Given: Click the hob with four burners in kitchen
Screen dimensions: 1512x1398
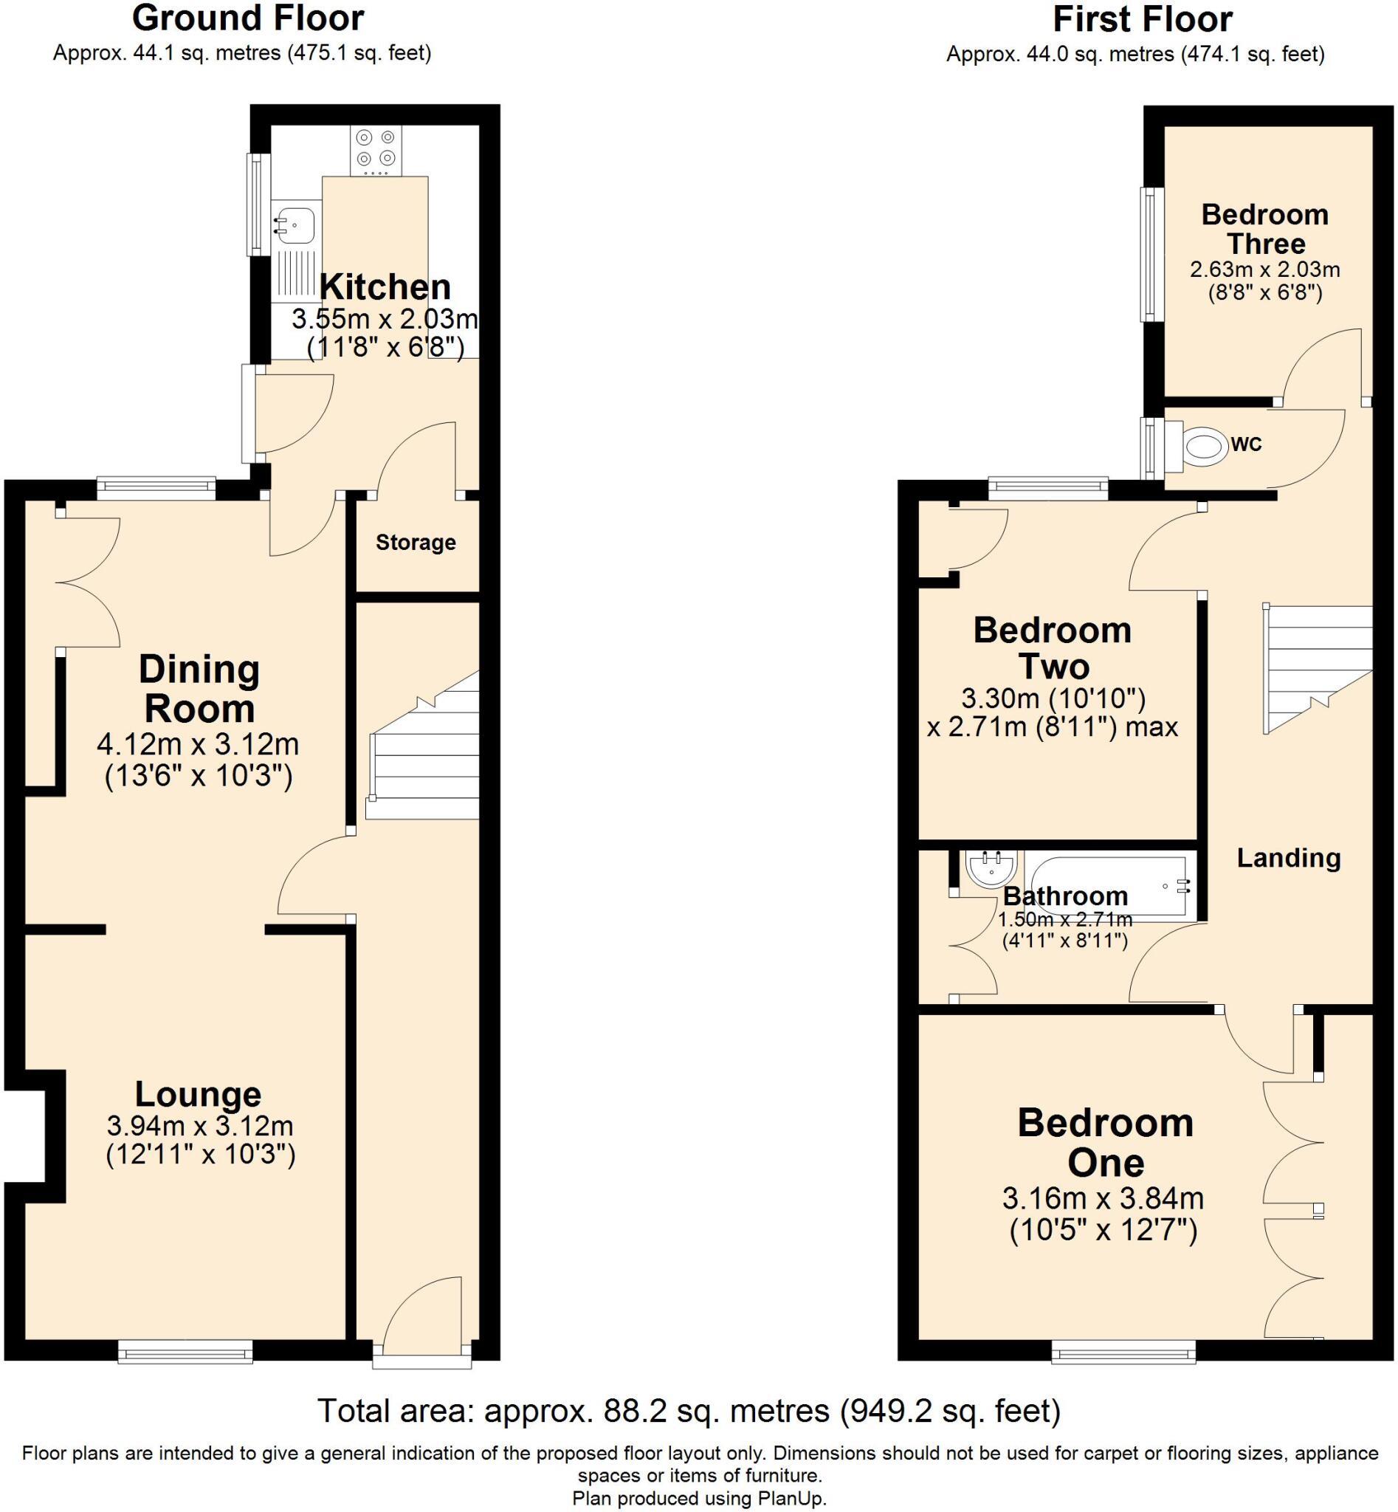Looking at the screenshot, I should (376, 149).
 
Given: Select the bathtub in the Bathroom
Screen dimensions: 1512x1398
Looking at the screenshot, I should (1105, 886).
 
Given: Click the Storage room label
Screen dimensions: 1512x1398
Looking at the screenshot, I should (416, 543).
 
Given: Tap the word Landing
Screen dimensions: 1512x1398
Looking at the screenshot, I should (1288, 857).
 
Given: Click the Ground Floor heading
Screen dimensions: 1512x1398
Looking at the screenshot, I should (248, 18).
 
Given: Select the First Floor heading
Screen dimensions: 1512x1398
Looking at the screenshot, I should (1143, 19).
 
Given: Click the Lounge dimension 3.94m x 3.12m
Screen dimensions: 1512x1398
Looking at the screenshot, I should (200, 1126).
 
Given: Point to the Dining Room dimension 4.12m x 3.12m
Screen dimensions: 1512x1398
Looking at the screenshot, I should (199, 745).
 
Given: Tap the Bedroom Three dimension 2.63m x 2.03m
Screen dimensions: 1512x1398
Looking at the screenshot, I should (1265, 269).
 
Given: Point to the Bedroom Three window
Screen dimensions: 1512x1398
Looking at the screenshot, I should (1151, 254).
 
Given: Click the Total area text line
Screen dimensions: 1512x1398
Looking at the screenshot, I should (689, 1412).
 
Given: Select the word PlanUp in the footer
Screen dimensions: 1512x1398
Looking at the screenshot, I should (793, 1499).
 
